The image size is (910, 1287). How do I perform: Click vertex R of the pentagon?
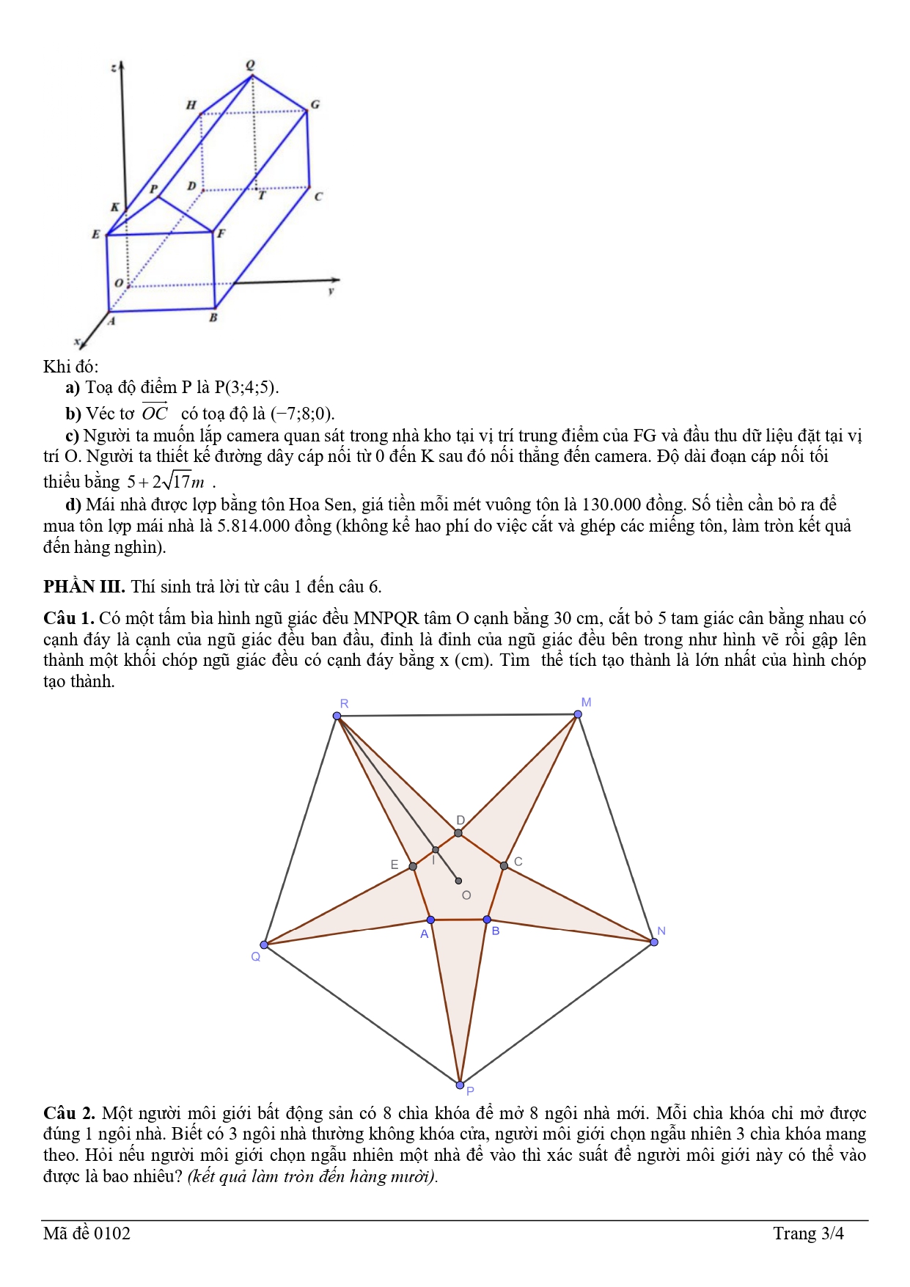pos(337,716)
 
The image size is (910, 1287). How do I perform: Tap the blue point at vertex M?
pos(578,714)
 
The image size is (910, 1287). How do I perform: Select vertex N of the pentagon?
pos(654,942)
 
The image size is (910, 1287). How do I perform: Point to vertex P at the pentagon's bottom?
pos(460,1085)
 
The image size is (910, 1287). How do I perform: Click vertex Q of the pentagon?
pos(265,945)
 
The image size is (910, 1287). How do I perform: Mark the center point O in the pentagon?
pos(458,881)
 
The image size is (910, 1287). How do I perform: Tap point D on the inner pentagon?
pos(458,833)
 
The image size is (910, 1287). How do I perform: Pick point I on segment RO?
pos(436,850)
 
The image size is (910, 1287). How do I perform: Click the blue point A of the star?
pos(430,920)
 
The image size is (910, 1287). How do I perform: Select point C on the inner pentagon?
pos(504,866)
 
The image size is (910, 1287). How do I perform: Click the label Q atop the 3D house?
pos(251,65)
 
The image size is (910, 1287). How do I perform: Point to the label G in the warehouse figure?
pos(315,105)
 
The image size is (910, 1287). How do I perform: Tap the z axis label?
pos(113,68)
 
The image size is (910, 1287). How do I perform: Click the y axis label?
pos(331,291)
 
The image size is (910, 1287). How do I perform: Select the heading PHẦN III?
pos(84,587)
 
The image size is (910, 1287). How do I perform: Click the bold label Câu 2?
pos(69,1113)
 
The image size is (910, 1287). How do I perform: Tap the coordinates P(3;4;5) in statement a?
pos(246,387)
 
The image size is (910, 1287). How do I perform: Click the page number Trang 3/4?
pos(808,1233)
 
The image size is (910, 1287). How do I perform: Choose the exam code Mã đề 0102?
pos(87,1233)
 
